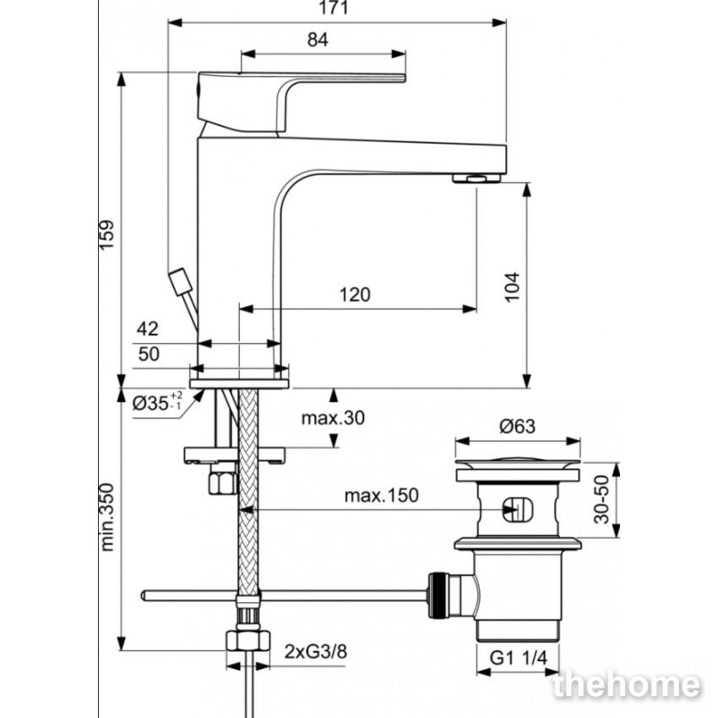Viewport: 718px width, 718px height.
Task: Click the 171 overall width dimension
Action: coord(333,8)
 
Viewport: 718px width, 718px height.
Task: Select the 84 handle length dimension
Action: coord(318,40)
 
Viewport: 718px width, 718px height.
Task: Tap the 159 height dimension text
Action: coord(106,235)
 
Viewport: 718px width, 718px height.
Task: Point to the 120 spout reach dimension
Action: coord(355,295)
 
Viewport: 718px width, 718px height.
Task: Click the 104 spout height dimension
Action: coord(513,286)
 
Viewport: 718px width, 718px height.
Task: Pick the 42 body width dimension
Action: coord(148,329)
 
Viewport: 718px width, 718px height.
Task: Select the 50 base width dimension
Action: coord(149,353)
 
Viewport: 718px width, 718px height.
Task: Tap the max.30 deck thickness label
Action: coord(333,417)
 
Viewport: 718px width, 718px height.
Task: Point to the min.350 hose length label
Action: coord(106,517)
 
